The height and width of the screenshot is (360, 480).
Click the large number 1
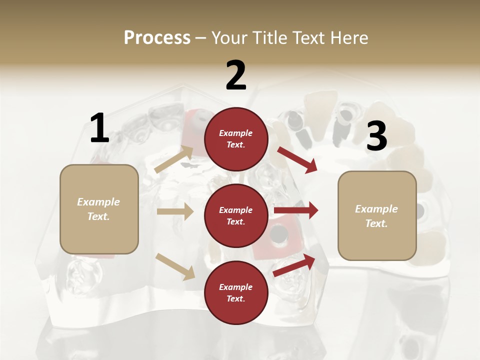(99, 128)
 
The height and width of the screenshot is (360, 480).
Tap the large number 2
(236, 75)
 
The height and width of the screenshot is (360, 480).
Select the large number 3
(376, 136)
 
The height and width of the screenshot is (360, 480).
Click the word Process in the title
(157, 37)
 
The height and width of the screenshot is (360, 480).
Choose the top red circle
(236, 139)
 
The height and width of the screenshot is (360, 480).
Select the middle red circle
(236, 216)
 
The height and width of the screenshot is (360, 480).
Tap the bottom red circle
(236, 293)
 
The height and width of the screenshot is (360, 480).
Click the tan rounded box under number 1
(99, 209)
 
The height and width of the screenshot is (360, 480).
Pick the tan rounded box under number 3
(377, 216)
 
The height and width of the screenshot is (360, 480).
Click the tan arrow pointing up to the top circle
(174, 159)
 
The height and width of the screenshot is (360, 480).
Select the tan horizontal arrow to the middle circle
(175, 211)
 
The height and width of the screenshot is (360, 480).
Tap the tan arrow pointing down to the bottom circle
(175, 266)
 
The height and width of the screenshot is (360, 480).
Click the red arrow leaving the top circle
(297, 159)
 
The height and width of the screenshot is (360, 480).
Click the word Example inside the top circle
(236, 133)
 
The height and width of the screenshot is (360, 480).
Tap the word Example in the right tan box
(376, 209)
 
